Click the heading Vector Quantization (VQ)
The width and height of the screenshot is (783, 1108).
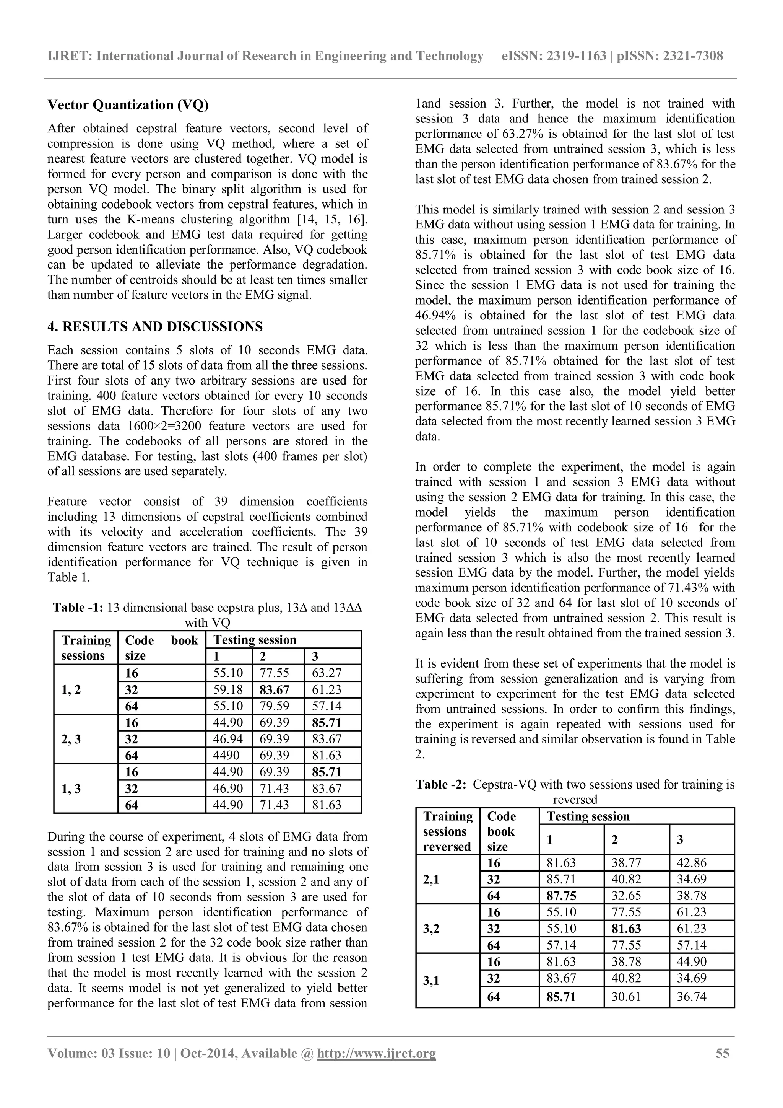pyautogui.click(x=128, y=105)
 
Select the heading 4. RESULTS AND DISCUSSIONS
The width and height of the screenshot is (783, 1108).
pyautogui.click(x=155, y=327)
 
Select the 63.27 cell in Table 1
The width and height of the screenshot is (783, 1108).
pyautogui.click(x=327, y=673)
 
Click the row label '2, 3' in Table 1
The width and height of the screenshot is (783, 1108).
pyautogui.click(x=71, y=739)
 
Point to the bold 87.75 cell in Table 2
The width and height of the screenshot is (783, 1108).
pyautogui.click(x=561, y=896)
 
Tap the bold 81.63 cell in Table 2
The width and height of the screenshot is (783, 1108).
pyautogui.click(x=626, y=929)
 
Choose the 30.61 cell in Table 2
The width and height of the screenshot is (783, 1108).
pyautogui.click(x=626, y=997)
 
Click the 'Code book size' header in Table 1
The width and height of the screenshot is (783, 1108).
pyautogui.click(x=161, y=648)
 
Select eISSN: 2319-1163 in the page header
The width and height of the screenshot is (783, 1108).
pyautogui.click(x=554, y=56)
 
